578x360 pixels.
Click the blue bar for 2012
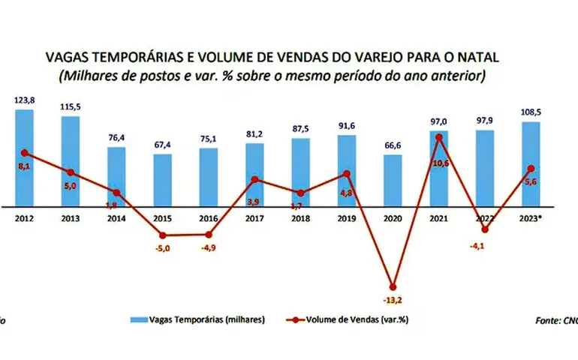pyautogui.click(x=24, y=157)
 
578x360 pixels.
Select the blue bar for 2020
pyautogui.click(x=393, y=180)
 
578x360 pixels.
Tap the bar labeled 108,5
pyautogui.click(x=531, y=163)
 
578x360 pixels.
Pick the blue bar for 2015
pyautogui.click(x=162, y=180)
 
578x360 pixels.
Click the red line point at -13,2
pyautogui.click(x=393, y=286)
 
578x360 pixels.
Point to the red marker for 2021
pyautogui.click(x=439, y=137)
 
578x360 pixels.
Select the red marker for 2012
pyautogui.click(x=24, y=153)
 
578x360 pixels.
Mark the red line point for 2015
pyautogui.click(x=162, y=235)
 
